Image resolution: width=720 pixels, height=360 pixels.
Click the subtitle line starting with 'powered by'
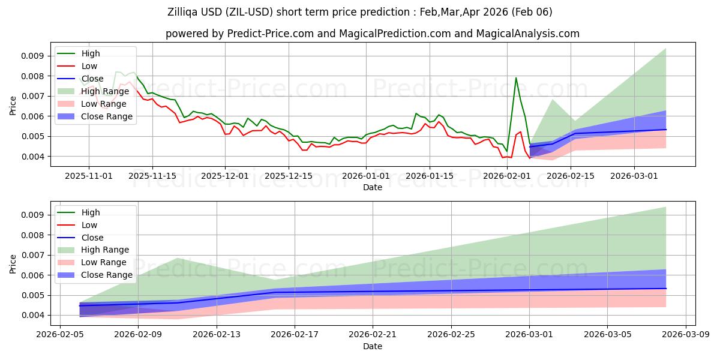point(373,34)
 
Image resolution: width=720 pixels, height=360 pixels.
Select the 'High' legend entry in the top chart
point(91,53)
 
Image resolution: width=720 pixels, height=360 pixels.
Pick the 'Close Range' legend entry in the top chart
point(107,116)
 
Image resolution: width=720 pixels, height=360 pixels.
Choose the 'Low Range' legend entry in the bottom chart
point(104,262)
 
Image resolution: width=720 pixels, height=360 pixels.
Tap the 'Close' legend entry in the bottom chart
point(92,238)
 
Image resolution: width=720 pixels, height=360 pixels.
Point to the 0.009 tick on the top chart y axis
point(31,56)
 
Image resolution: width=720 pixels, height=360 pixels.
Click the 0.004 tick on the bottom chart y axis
point(31,315)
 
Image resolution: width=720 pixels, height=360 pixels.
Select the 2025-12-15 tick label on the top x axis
point(289,176)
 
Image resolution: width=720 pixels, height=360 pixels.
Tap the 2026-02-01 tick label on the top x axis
point(507,176)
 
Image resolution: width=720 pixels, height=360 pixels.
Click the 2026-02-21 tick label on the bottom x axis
point(373,335)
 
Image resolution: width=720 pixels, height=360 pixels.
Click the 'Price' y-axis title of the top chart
point(13,106)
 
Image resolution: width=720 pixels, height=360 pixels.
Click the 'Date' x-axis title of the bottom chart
point(373,346)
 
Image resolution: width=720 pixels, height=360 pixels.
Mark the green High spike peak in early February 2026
point(516,77)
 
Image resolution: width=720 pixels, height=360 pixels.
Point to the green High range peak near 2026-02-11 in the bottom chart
point(178,258)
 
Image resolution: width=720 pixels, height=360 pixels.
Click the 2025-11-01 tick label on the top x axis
point(89,176)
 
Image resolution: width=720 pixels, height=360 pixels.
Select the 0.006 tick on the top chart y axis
point(31,116)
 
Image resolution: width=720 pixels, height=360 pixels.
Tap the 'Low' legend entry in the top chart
point(89,66)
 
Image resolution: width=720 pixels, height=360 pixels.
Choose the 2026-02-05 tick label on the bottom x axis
point(59,335)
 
